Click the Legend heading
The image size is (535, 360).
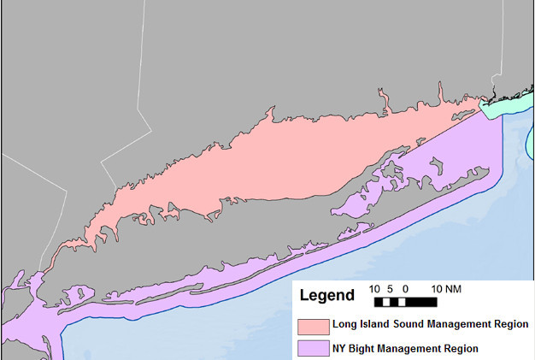tap(326, 296)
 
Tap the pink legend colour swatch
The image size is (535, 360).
tap(314, 325)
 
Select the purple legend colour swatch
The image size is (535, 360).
tap(314, 349)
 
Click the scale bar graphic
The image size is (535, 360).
tap(406, 302)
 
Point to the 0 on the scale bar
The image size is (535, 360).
tap(404, 289)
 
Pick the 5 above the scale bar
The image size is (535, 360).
tap(390, 289)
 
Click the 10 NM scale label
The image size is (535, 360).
tap(446, 289)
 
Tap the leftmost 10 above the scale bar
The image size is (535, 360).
tap(374, 289)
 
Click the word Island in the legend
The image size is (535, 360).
tap(368, 325)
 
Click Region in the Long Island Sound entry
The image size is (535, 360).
tap(510, 325)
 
